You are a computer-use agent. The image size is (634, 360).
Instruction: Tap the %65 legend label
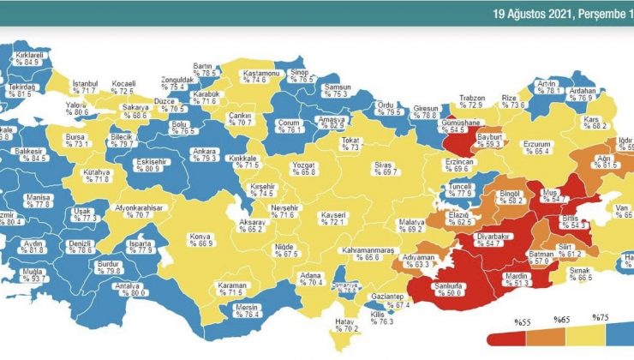tap(564, 321)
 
